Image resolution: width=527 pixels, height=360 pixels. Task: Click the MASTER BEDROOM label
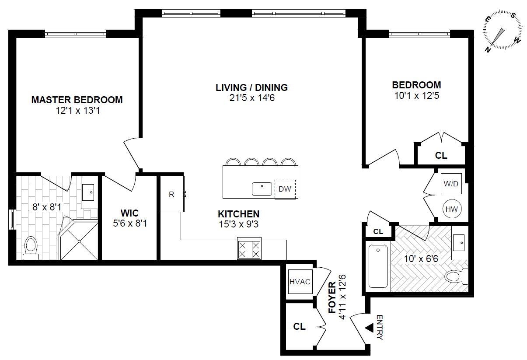(77, 100)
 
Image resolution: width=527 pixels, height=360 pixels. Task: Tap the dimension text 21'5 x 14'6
(251, 98)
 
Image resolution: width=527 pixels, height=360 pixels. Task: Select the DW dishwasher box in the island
(285, 189)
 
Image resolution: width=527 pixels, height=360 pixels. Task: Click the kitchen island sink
(262, 189)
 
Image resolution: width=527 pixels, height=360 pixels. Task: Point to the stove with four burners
(249, 249)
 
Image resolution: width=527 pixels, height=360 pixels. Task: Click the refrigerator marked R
(171, 194)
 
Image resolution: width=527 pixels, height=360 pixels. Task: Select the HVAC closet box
(300, 281)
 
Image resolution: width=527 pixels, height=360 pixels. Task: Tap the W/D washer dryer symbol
(451, 184)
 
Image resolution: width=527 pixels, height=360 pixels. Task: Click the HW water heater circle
(451, 209)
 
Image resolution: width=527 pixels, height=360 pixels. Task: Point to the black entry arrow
(369, 327)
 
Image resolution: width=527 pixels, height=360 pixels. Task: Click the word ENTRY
(379, 327)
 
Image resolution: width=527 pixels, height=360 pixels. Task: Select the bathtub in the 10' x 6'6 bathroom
(378, 266)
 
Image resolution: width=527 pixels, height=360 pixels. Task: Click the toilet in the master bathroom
(31, 247)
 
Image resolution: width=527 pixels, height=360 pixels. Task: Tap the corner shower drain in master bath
(79, 241)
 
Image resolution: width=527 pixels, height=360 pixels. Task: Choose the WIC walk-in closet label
(129, 213)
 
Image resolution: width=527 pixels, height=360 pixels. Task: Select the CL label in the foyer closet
(299, 326)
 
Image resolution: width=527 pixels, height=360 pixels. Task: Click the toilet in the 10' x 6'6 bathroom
(455, 276)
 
